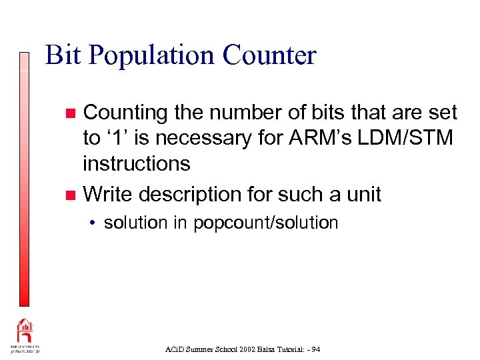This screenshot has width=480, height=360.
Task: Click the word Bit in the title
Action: (x=63, y=55)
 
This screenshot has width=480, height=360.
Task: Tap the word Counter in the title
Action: (x=269, y=55)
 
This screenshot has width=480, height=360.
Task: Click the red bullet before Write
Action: (x=71, y=195)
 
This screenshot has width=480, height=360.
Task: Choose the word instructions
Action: (x=136, y=163)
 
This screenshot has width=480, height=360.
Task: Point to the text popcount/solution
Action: (x=266, y=223)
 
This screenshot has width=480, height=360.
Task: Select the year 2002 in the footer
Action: (x=235, y=349)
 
